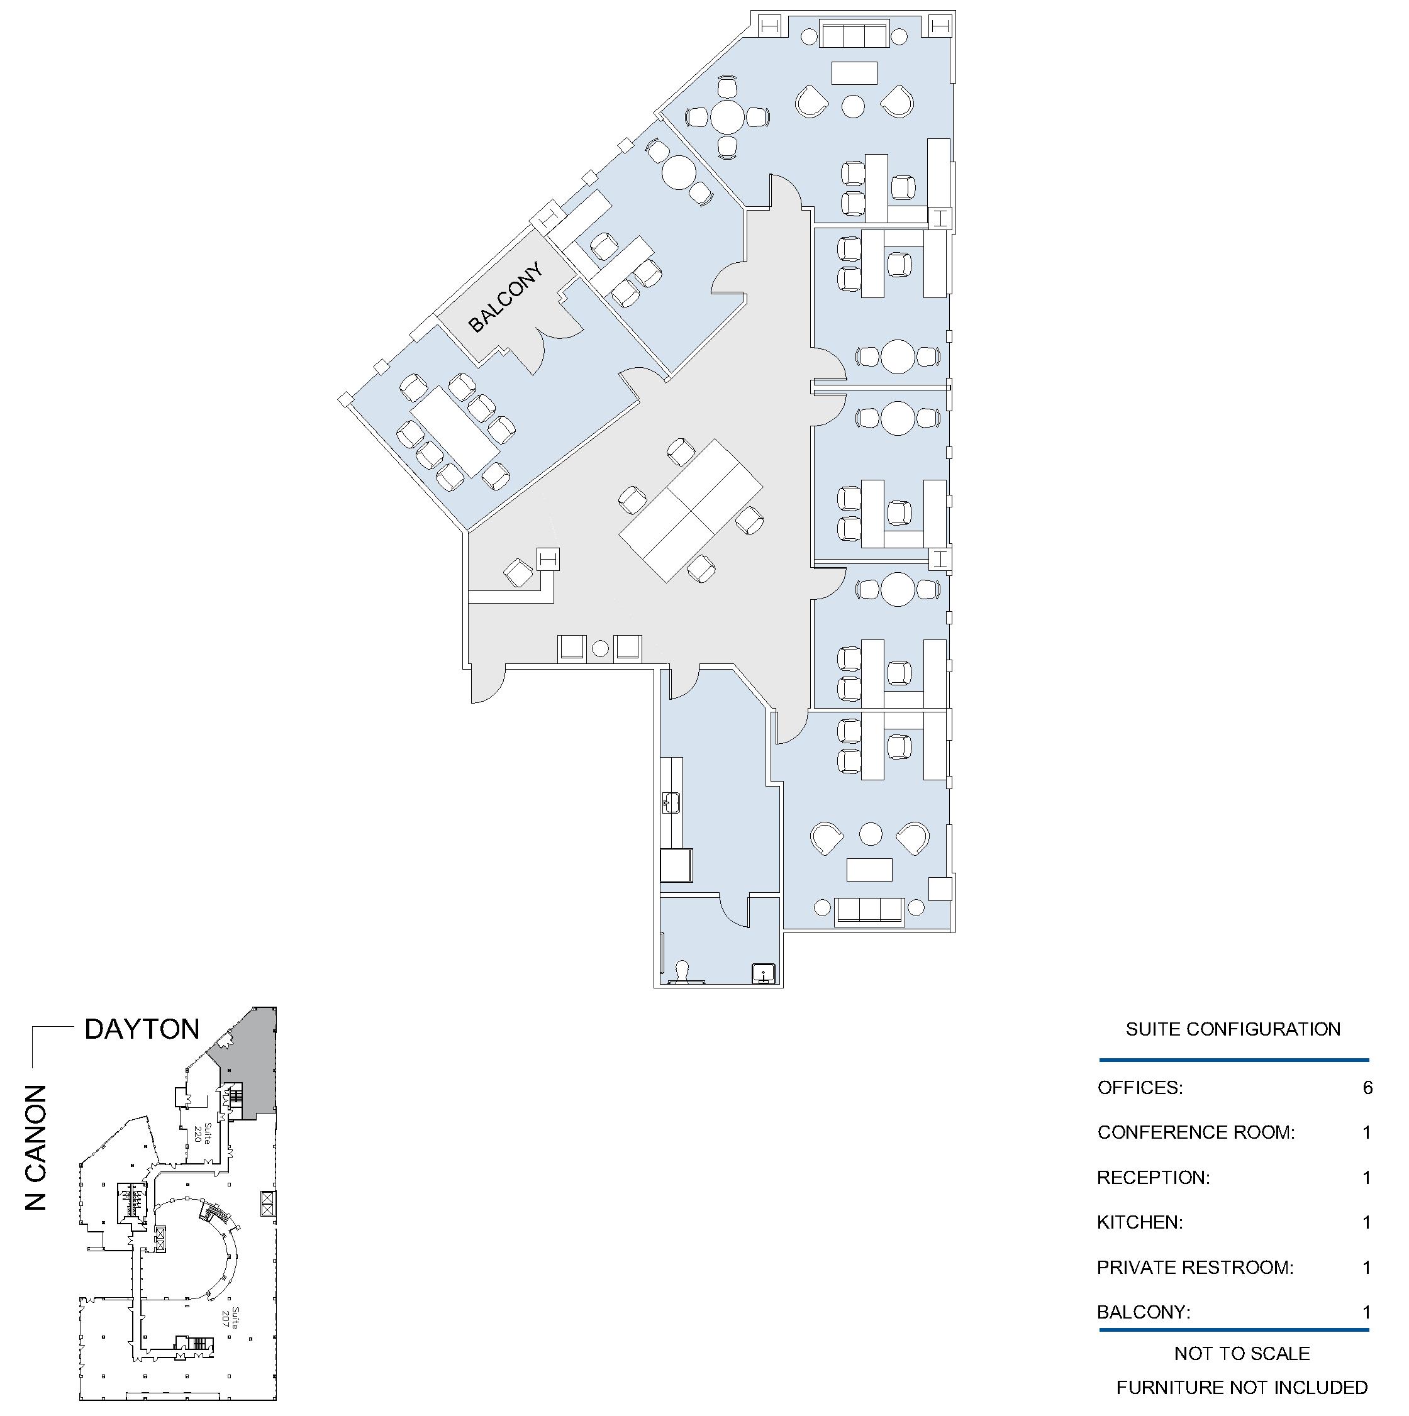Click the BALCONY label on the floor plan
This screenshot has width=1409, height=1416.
point(506,297)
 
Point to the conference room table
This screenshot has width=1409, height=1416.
point(455,431)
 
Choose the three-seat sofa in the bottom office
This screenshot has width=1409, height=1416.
point(869,911)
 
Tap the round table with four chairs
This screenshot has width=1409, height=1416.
point(727,116)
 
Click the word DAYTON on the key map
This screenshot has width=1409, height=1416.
point(142,1029)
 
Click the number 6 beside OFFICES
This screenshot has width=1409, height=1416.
point(1367,1088)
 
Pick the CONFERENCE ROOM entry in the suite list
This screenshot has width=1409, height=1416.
point(1196,1132)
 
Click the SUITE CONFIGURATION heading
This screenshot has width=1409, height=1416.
point(1233,1029)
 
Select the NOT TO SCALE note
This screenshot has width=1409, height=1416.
point(1242,1353)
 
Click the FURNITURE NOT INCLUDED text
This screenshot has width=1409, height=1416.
point(1242,1388)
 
